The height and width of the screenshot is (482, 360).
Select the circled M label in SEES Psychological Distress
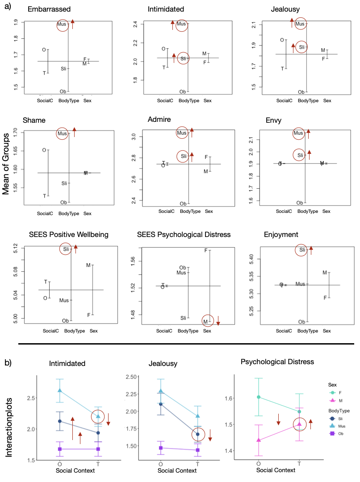[206, 321]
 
